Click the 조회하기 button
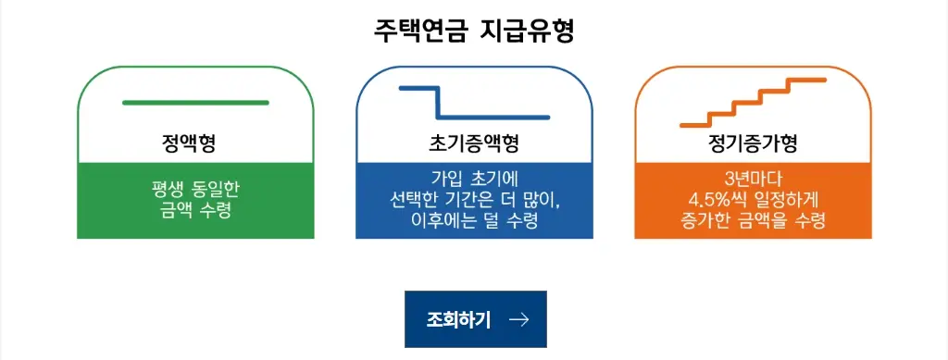click(x=475, y=319)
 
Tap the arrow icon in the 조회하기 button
click(x=519, y=319)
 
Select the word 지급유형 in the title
click(x=529, y=31)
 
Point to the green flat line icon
click(x=195, y=102)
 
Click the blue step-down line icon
click(x=474, y=103)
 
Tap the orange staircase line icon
click(x=753, y=102)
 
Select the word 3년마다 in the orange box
click(x=753, y=179)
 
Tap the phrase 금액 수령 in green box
click(x=195, y=210)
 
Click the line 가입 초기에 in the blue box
click(x=474, y=179)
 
